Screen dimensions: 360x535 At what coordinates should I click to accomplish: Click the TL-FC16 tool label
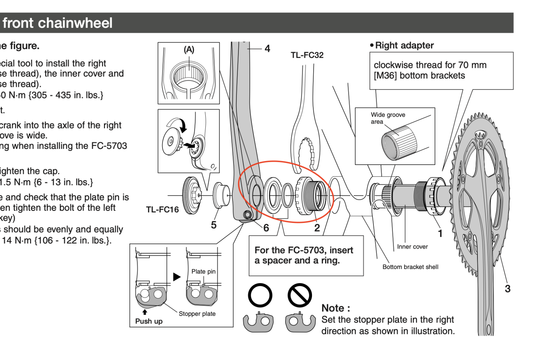pos(162,210)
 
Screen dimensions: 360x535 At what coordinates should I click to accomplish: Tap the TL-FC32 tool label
pos(307,55)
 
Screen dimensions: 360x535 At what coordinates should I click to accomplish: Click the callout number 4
pos(267,49)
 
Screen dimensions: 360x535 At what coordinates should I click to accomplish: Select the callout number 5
pos(214,225)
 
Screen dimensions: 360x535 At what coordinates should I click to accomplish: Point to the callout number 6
pos(266,228)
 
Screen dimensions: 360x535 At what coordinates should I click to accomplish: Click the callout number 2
pos(317,228)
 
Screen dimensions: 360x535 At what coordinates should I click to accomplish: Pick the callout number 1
pos(440,234)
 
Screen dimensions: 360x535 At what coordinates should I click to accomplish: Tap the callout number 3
pos(508,289)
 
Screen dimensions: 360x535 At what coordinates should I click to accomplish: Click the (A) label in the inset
pos(189,50)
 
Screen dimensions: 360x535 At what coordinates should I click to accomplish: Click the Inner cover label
pos(412,247)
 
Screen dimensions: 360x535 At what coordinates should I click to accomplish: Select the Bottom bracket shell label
pos(410,267)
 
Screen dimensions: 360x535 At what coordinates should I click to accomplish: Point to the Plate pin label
pos(203,272)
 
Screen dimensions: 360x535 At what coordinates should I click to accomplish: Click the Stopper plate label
pos(197,314)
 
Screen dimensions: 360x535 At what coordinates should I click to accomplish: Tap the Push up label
pos(149,321)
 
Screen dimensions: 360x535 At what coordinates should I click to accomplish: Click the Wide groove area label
pos(388,118)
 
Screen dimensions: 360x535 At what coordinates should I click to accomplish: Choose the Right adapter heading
pos(404,46)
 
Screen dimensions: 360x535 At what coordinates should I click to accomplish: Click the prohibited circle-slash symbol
pos(300,295)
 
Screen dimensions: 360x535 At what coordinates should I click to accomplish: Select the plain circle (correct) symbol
pos(260,295)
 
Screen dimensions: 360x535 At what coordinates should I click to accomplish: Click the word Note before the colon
pos(333,308)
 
